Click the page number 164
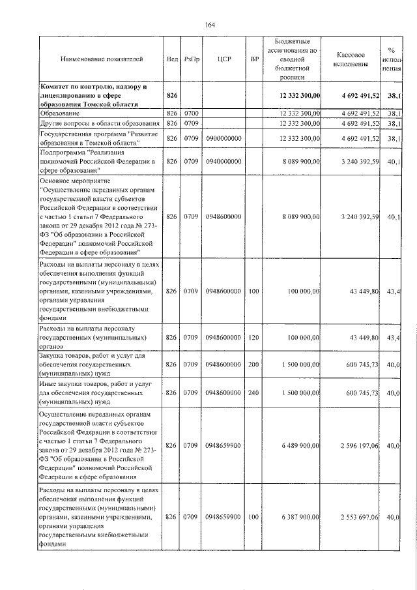coord(210,25)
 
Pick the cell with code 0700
coord(190,113)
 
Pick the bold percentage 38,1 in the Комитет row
coord(392,96)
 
